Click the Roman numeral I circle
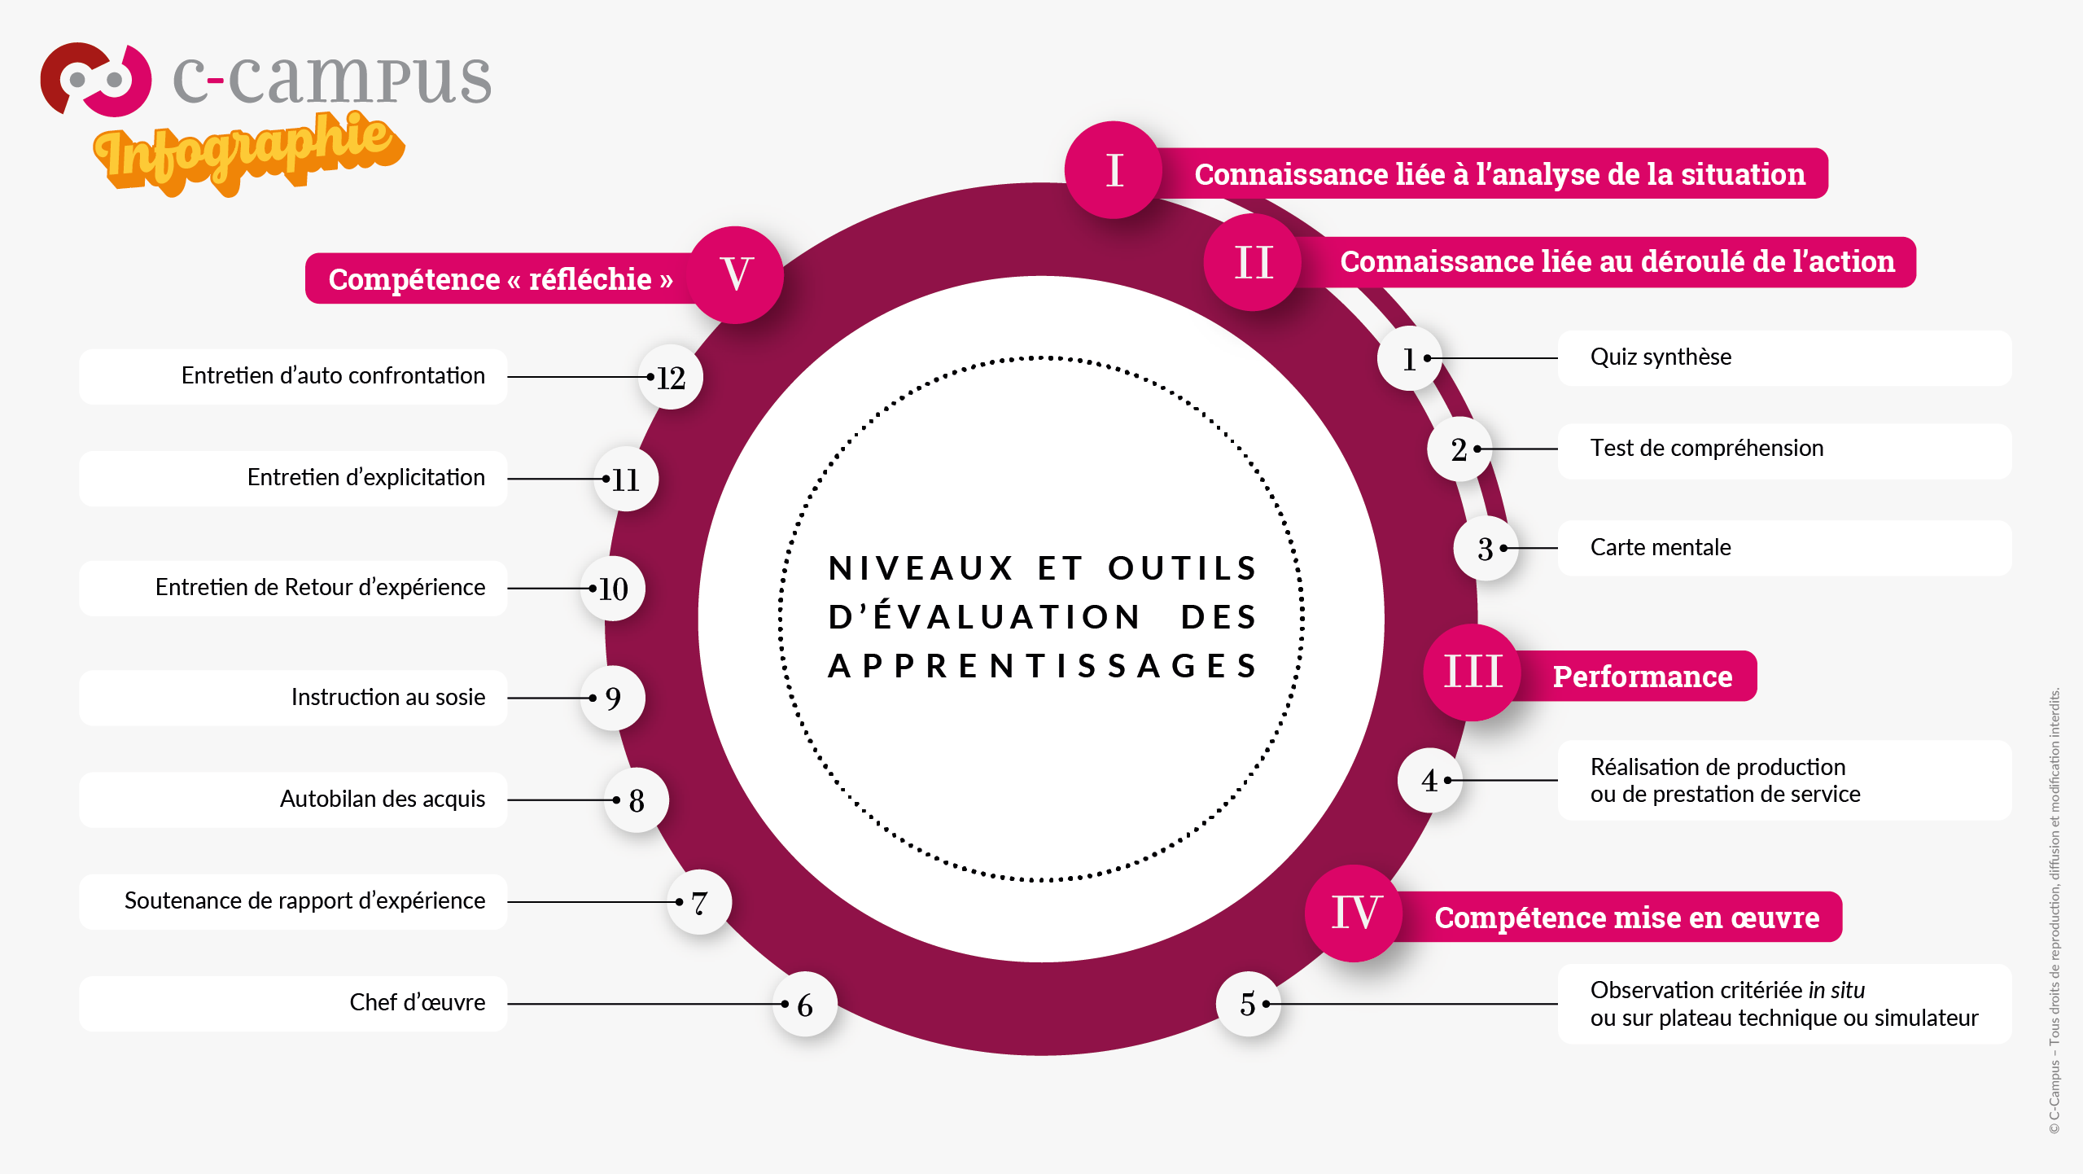(x=1114, y=170)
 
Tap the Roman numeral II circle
(x=1253, y=262)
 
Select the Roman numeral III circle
(x=1473, y=672)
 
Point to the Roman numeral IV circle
(x=1354, y=913)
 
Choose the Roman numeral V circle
(x=736, y=274)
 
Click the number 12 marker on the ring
(x=671, y=377)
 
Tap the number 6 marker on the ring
(x=805, y=1005)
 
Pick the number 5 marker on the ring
(x=1249, y=1004)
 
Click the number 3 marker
(x=1486, y=548)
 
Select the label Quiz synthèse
(x=1661, y=357)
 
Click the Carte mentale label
(x=1661, y=547)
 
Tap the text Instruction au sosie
(x=388, y=697)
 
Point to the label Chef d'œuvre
(x=418, y=1002)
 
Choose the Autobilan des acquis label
(x=383, y=799)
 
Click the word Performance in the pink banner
(x=1643, y=677)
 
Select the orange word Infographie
(x=249, y=152)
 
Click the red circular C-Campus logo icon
(x=96, y=80)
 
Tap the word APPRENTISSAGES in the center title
(x=1043, y=666)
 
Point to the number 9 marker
(x=613, y=698)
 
